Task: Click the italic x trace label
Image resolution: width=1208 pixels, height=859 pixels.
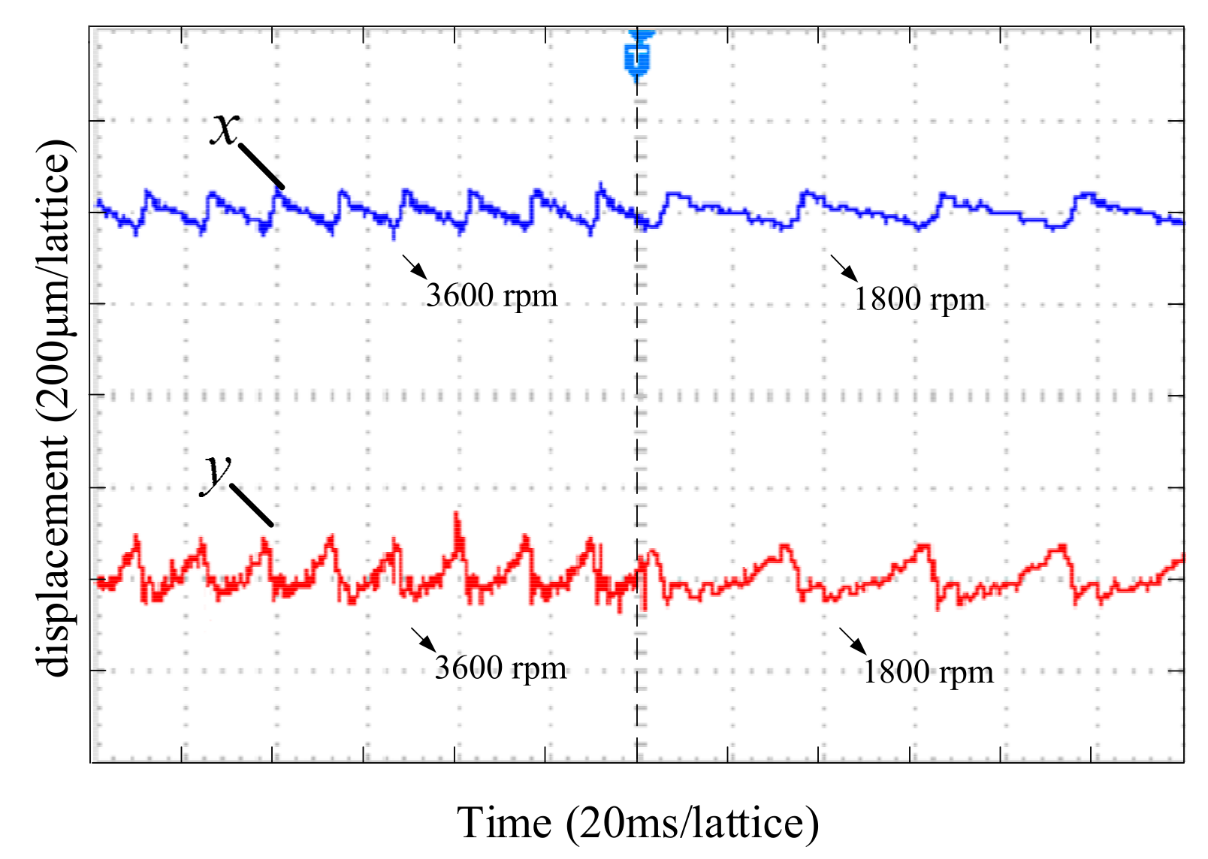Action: (223, 129)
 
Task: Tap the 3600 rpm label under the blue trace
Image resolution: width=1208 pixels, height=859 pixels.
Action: (491, 295)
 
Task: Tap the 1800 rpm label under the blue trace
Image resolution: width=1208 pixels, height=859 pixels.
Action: (919, 300)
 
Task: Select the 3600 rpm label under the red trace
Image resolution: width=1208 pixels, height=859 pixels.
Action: (500, 668)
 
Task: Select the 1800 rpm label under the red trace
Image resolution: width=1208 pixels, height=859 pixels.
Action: (928, 672)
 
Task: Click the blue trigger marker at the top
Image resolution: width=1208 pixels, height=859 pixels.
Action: (638, 55)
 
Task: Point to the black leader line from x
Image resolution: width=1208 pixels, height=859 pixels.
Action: (261, 167)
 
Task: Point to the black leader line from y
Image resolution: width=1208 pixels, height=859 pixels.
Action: (252, 505)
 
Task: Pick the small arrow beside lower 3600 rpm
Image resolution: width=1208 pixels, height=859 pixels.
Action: (423, 639)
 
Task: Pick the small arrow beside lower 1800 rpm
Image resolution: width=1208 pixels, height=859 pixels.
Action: (853, 640)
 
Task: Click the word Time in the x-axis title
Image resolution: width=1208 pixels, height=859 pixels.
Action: (504, 823)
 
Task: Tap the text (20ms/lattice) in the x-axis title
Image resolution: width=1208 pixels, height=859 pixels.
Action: (692, 823)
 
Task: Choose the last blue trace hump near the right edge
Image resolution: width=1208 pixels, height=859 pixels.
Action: (1085, 195)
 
